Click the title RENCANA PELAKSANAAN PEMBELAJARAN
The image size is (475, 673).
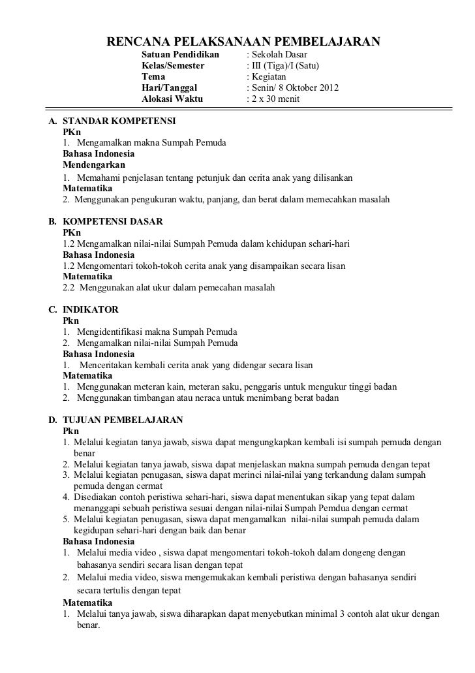click(243, 43)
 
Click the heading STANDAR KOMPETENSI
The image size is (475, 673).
click(114, 121)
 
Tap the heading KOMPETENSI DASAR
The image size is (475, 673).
click(112, 221)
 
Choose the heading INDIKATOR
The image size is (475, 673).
click(90, 309)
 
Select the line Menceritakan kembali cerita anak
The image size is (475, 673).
click(196, 365)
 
